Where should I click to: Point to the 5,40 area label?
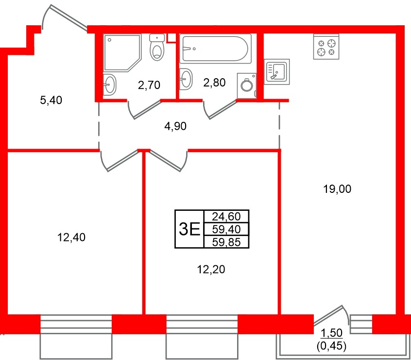point(51,101)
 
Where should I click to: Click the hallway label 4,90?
point(175,126)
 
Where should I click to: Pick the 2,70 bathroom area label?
point(149,86)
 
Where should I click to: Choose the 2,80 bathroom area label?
point(214,83)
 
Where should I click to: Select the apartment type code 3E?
point(189,229)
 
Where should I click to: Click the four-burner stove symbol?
point(326,47)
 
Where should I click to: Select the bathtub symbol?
point(215,48)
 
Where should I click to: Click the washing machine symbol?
point(247,84)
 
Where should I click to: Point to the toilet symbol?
point(157,48)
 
